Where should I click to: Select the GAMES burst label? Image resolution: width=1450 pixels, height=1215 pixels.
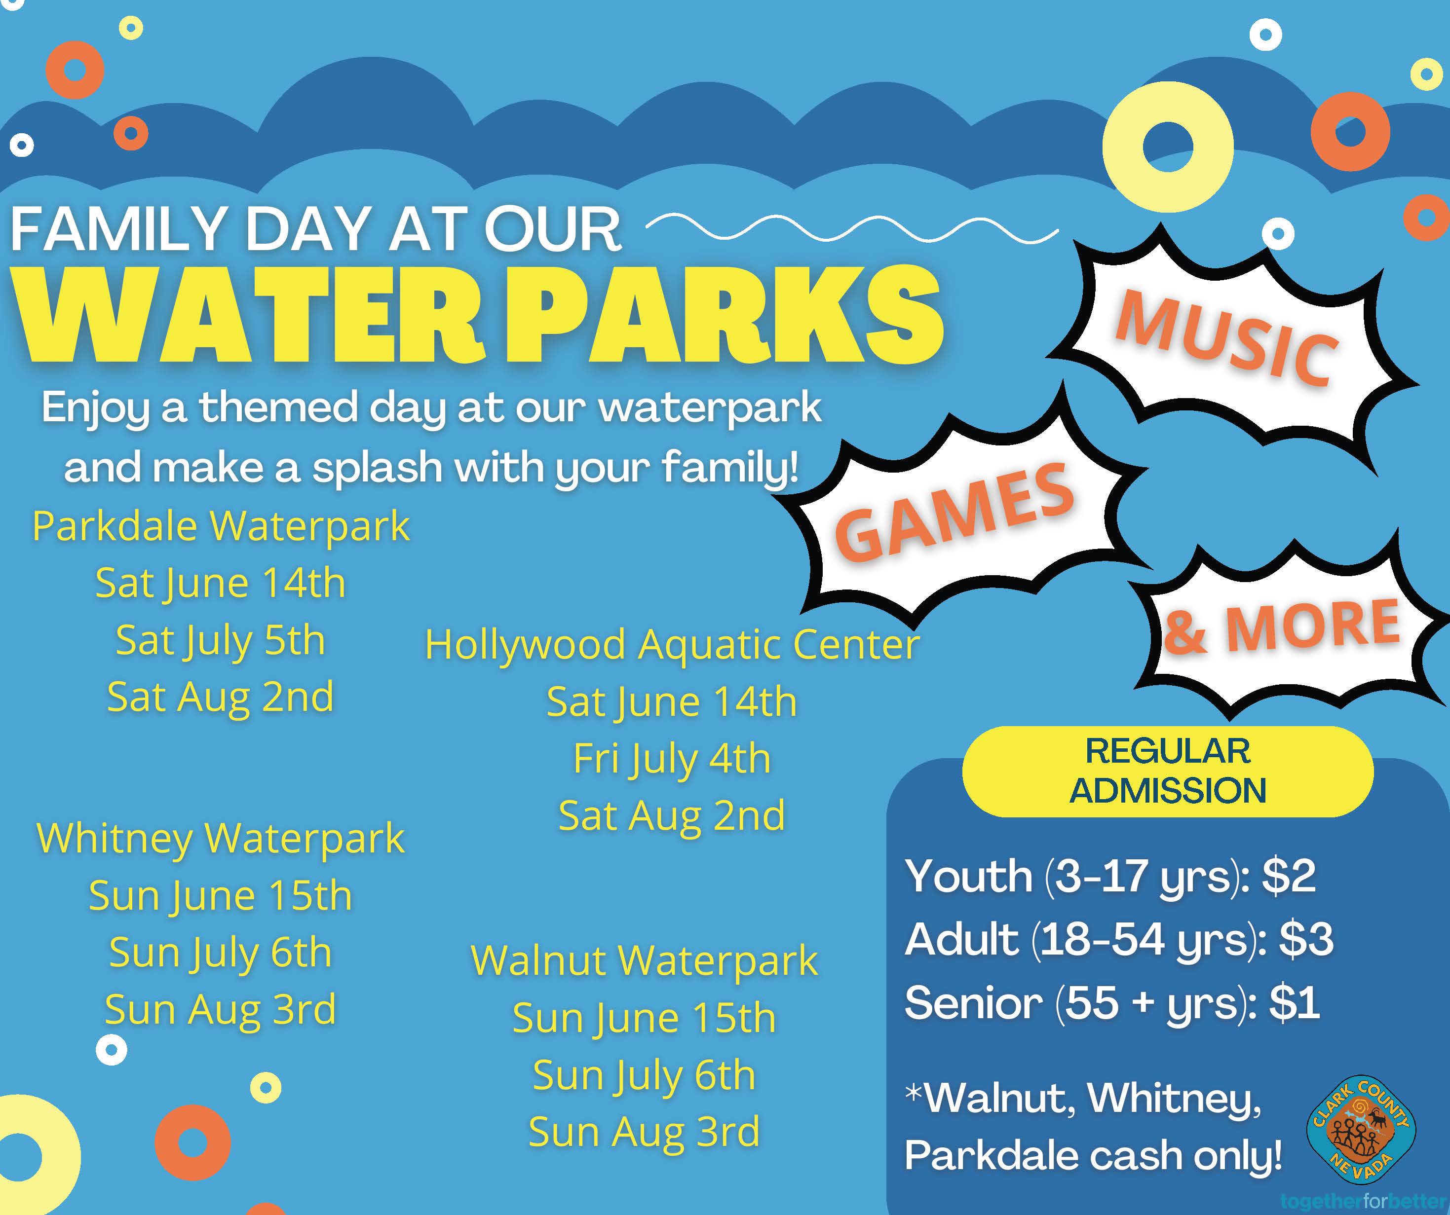tap(955, 512)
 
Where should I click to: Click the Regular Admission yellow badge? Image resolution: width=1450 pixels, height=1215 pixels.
tap(1168, 771)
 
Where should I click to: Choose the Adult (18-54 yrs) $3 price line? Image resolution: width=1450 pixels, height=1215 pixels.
tap(1118, 940)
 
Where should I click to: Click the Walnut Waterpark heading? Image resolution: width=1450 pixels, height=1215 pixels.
tap(644, 961)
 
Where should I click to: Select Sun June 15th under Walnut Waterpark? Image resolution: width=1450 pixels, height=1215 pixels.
tap(644, 1019)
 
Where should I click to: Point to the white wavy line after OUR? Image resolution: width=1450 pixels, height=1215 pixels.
tap(851, 227)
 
